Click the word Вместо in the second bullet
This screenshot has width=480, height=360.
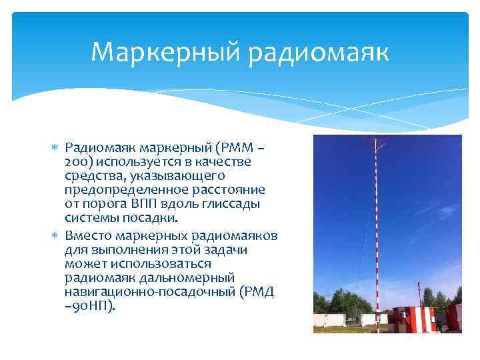point(88,237)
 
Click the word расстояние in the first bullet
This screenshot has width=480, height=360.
point(231,189)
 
